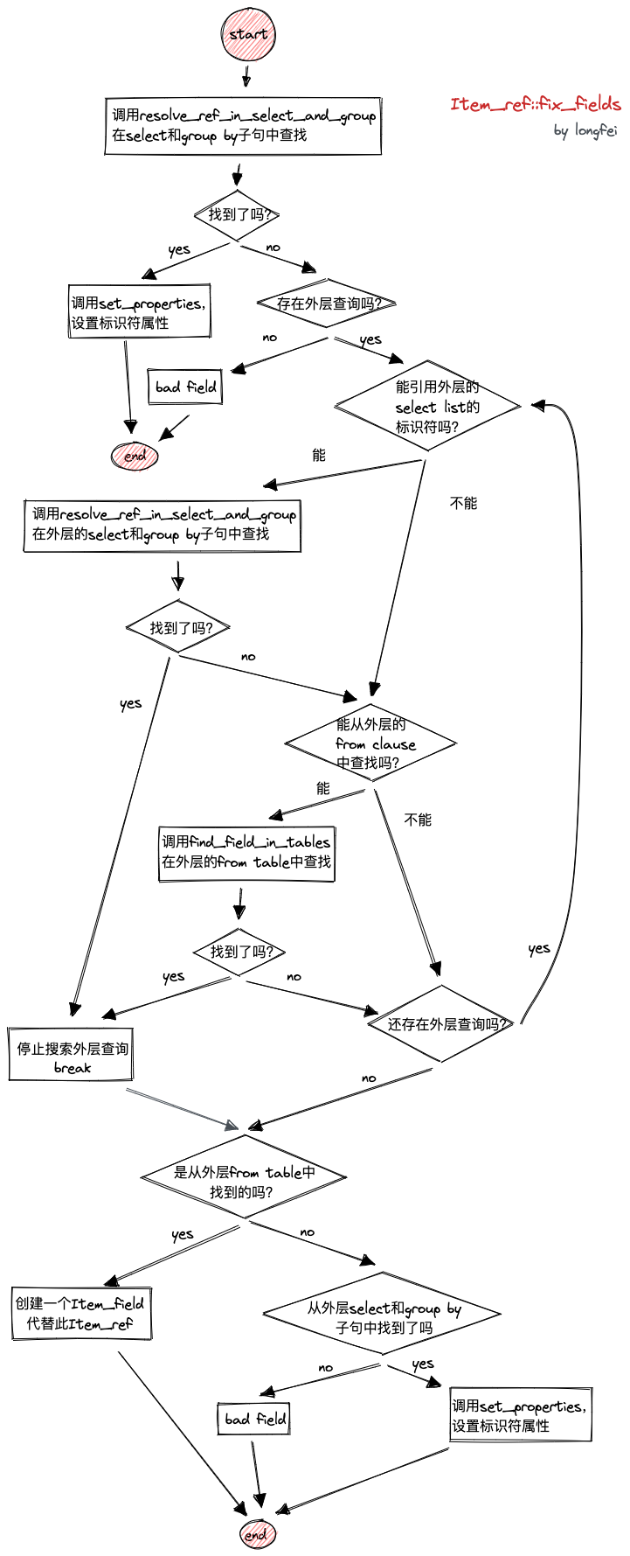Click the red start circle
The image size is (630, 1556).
click(248, 34)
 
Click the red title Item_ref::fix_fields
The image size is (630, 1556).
click(535, 104)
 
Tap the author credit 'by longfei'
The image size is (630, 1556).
click(585, 131)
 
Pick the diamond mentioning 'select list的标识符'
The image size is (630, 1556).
click(428, 406)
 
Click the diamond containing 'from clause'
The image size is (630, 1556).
click(371, 743)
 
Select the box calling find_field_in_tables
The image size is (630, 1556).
click(246, 853)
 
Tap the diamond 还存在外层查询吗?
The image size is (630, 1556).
click(442, 1023)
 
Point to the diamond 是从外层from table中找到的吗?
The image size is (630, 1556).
click(244, 1181)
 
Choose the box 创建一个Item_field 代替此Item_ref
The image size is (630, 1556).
click(81, 1313)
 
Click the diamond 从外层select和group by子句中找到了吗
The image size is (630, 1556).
click(383, 1316)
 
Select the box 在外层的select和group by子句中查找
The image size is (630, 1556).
click(163, 525)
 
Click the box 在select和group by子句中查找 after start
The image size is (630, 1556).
click(243, 125)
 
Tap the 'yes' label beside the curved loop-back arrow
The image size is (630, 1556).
click(539, 949)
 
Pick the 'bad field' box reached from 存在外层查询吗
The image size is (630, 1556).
click(185, 387)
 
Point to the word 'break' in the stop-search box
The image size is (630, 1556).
click(72, 1068)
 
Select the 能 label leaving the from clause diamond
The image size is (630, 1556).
click(322, 788)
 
